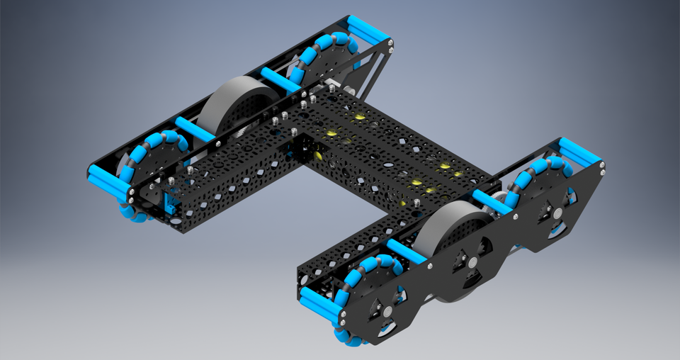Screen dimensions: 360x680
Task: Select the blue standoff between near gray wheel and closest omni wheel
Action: [407, 251]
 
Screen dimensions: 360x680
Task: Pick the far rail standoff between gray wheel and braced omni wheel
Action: [280, 79]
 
